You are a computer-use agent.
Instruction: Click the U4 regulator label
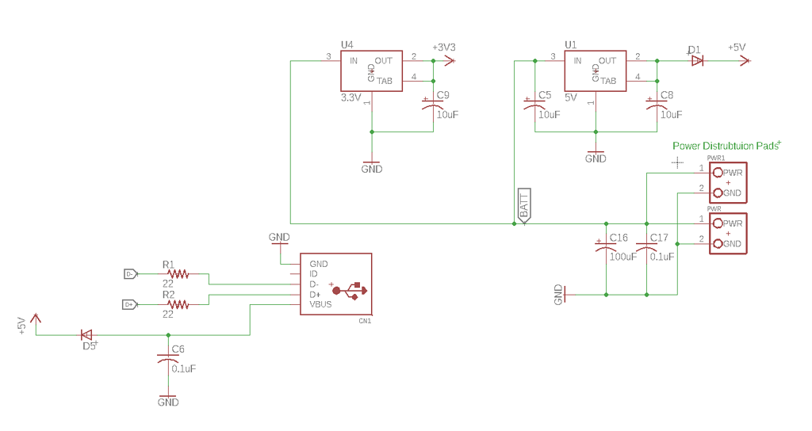[347, 45]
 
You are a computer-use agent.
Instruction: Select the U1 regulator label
[570, 45]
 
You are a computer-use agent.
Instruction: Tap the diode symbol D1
[697, 61]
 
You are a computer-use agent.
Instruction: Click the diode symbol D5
[86, 334]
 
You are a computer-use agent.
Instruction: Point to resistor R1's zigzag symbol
[178, 274]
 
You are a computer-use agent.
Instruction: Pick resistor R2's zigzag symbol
[178, 304]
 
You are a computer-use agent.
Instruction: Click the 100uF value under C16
[623, 257]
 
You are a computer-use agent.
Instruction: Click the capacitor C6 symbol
[168, 360]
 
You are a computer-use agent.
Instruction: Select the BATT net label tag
[524, 207]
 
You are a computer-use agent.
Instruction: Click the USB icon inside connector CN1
[350, 289]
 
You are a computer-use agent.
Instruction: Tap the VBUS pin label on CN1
[320, 304]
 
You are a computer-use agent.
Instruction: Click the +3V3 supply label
[444, 48]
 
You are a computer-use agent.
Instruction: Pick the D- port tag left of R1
[131, 274]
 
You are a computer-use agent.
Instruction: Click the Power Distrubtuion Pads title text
[724, 146]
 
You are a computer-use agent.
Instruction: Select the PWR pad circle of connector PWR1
[718, 173]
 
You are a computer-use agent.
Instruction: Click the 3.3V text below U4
[350, 97]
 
